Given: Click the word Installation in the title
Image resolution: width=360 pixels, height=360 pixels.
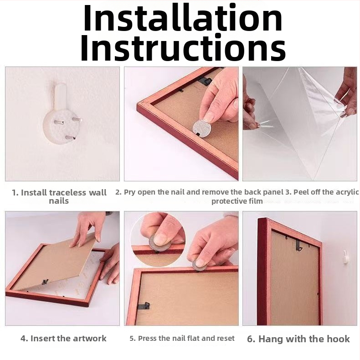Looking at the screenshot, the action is point(183,18).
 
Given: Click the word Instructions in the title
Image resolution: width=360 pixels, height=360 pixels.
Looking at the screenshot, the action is point(183,48).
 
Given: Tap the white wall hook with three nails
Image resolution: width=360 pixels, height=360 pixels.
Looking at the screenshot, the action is point(62,114).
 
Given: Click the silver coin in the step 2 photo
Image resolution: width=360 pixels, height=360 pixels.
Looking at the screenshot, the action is point(202,128).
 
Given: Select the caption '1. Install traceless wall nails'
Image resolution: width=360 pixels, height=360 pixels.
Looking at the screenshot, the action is point(59,196).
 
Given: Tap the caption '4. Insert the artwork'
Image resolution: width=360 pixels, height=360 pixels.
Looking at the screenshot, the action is point(63,339).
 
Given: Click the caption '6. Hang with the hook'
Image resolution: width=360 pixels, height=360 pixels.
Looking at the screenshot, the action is point(298,339).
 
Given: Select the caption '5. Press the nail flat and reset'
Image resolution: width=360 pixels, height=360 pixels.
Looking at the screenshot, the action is point(182,339).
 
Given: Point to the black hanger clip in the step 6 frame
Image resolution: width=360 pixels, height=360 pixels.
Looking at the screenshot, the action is point(298,245).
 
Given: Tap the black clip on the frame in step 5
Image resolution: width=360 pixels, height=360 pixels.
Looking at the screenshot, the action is point(144,306).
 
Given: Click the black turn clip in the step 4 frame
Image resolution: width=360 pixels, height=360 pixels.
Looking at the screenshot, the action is point(45,282).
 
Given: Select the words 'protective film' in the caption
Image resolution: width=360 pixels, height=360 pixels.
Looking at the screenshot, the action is point(237,201).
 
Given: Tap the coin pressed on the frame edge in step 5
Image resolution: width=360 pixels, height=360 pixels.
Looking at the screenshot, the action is point(199,266).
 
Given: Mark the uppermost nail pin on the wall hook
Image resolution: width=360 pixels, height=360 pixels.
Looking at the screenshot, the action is point(77,119).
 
